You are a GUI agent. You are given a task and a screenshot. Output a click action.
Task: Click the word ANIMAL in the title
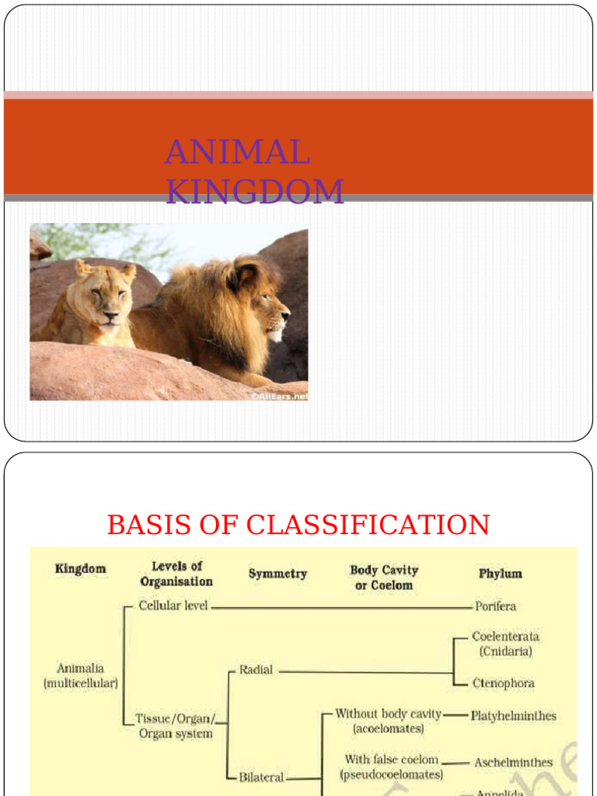click(237, 152)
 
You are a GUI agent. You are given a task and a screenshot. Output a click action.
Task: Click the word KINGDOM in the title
click(255, 192)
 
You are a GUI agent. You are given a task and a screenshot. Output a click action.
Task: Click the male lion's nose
click(285, 315)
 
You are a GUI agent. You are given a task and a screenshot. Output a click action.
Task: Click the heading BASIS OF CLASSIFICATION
click(298, 525)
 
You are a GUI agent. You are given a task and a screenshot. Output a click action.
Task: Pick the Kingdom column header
click(81, 569)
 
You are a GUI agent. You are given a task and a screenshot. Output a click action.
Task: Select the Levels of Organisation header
click(176, 574)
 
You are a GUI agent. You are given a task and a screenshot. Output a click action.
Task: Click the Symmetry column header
click(278, 574)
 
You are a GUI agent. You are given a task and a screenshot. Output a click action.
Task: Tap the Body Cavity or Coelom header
click(384, 578)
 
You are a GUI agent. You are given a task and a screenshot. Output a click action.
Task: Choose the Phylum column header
click(500, 574)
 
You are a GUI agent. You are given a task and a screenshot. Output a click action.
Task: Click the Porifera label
click(495, 606)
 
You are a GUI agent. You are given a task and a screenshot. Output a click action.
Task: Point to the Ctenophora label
click(503, 683)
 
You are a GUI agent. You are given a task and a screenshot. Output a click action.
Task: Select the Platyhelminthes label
click(513, 716)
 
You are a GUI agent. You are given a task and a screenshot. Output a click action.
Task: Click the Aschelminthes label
click(513, 763)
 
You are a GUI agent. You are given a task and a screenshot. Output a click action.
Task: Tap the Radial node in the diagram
click(256, 669)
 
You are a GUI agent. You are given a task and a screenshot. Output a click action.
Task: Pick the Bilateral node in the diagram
click(261, 777)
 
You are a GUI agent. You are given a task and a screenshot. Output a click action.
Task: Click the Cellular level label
click(173, 606)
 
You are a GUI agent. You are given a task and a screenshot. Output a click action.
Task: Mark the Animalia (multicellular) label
click(81, 676)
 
